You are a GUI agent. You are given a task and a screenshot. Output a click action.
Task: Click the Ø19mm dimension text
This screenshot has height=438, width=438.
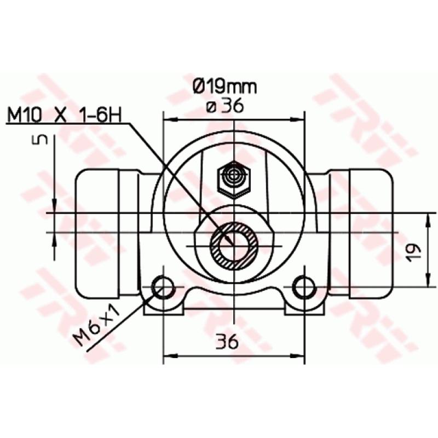pyautogui.click(x=224, y=87)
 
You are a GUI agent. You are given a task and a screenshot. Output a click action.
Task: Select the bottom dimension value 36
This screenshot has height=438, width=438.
pyautogui.click(x=226, y=342)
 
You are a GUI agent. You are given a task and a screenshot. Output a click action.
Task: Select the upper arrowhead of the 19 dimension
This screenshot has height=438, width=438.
pyautogui.click(x=427, y=218)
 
